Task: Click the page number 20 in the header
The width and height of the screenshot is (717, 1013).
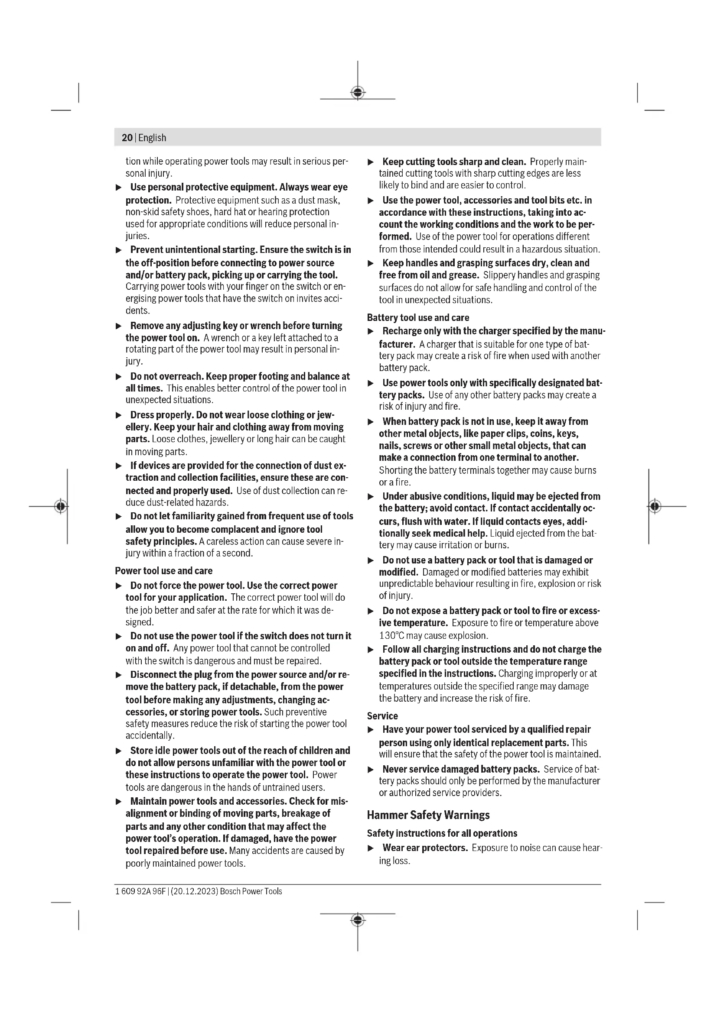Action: pos(127,138)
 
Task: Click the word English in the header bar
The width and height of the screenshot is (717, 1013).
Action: pos(152,138)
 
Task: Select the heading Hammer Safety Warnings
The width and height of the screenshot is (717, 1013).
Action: pos(428,815)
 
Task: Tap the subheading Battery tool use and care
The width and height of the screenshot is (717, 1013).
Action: pos(417,317)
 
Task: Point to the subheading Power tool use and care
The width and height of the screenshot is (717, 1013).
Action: pos(163,571)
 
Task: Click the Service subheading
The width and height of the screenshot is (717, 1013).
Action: pos(382,715)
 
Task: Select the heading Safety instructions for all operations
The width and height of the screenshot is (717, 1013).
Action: pos(442,833)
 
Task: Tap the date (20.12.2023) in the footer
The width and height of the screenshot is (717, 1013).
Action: pos(194,891)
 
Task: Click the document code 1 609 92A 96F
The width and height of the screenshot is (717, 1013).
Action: pos(140,891)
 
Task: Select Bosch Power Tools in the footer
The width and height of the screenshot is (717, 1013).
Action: pos(251,891)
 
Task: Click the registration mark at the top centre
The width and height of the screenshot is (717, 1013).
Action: pos(358,93)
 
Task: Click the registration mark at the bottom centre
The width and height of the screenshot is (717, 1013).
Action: pos(358,920)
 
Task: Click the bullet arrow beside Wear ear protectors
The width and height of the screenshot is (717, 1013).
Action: pos(371,848)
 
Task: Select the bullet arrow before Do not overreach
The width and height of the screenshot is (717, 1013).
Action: pos(118,377)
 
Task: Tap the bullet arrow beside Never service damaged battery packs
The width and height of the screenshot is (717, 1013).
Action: pos(371,770)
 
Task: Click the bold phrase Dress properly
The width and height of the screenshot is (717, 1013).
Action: pos(162,415)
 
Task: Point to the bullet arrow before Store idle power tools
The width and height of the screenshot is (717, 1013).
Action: pos(118,751)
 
